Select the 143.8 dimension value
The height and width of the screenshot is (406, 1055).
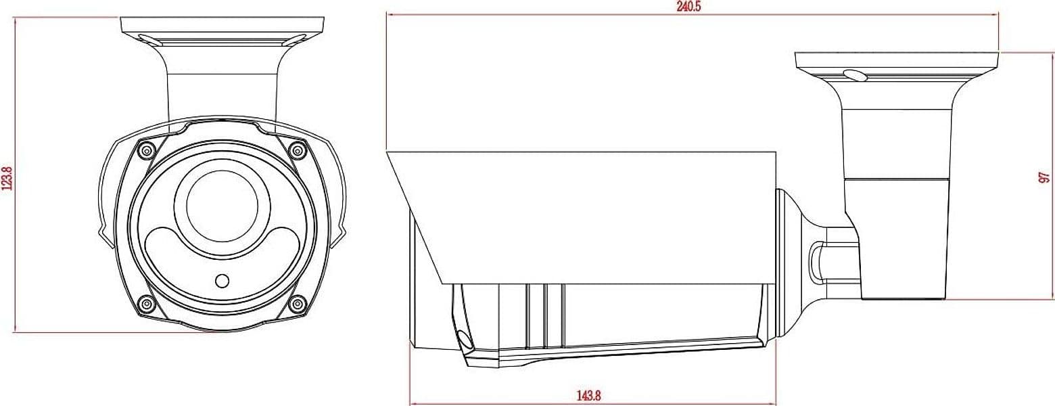[588, 394]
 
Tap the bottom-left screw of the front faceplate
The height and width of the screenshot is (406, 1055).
[147, 304]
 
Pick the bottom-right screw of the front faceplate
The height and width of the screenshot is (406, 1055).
[298, 304]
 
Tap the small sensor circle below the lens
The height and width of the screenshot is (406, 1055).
[222, 281]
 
